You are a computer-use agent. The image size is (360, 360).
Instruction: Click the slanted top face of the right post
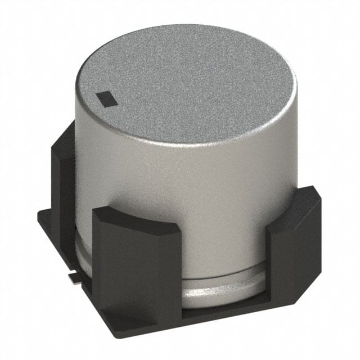coord(292,200)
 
